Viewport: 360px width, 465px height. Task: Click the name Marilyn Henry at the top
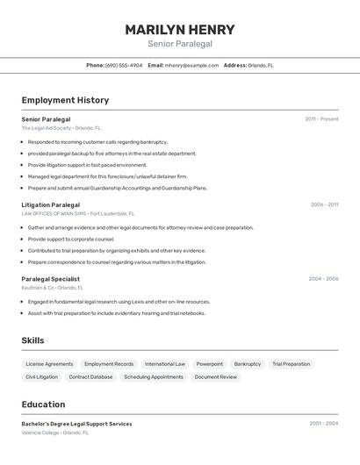[x=179, y=29]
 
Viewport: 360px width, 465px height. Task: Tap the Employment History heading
[x=65, y=100]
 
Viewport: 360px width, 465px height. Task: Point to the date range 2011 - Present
[x=321, y=118]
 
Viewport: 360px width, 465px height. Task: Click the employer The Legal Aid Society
[x=47, y=127]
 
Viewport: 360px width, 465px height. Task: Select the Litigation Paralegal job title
[x=50, y=204]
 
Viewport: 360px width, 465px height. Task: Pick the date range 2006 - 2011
[x=324, y=204]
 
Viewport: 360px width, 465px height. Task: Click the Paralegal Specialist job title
[x=50, y=279]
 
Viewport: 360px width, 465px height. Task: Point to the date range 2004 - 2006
[x=323, y=279]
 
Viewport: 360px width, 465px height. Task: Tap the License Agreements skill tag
[x=49, y=363]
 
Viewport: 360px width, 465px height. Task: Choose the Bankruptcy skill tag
[x=248, y=363]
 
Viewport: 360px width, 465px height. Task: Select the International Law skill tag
[x=165, y=363]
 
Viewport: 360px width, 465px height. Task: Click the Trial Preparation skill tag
[x=291, y=363]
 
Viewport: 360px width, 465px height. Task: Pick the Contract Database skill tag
[x=90, y=376]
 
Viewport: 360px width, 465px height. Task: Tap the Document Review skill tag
[x=215, y=376]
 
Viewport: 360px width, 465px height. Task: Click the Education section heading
[x=43, y=404]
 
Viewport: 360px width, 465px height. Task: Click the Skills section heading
[x=32, y=340]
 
